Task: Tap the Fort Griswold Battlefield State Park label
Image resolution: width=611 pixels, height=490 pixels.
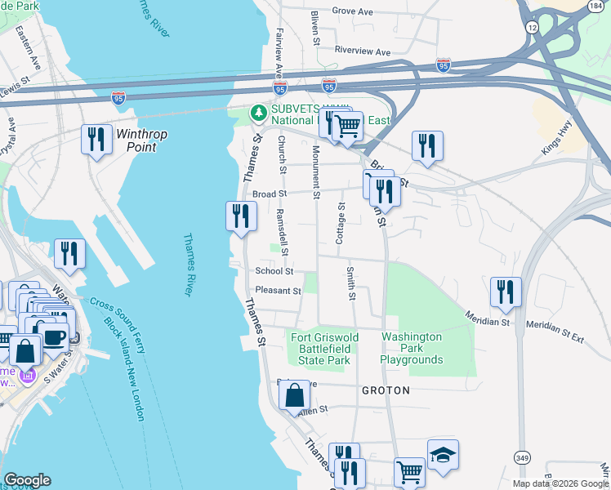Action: [x=321, y=348]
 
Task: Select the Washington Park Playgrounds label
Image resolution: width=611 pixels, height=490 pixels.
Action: [x=412, y=348]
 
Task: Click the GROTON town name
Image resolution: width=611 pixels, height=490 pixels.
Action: [x=386, y=391]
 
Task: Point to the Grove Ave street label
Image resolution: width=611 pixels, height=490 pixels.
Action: [x=352, y=12]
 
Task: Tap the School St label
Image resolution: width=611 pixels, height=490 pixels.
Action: [x=274, y=271]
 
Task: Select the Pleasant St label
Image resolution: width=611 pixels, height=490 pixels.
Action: [x=278, y=290]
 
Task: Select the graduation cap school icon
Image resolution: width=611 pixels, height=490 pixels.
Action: [x=443, y=456]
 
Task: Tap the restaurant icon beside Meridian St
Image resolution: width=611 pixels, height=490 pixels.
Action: [x=506, y=292]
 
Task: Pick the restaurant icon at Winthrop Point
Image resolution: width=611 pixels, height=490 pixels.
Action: [x=97, y=140]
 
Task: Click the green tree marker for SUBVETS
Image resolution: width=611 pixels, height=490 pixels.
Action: [x=259, y=112]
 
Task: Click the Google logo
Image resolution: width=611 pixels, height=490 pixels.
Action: [x=27, y=480]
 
